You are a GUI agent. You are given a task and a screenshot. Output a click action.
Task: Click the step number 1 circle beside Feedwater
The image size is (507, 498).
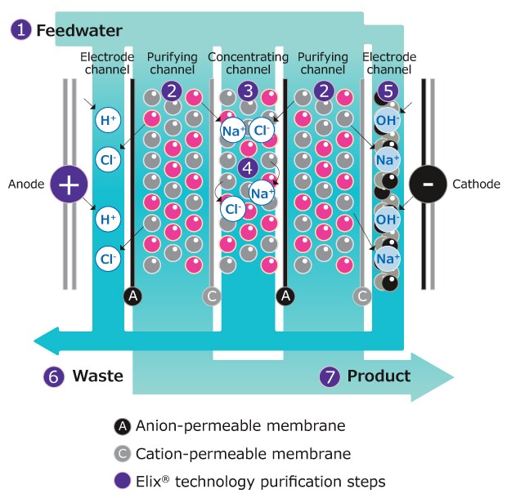pyautogui.click(x=20, y=31)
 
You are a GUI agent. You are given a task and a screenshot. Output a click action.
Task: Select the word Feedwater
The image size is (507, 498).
pyautogui.click(x=79, y=31)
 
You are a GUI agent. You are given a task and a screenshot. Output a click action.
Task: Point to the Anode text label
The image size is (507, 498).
pyautogui.click(x=25, y=185)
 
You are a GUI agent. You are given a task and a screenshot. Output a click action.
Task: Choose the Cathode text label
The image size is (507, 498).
pyautogui.click(x=476, y=185)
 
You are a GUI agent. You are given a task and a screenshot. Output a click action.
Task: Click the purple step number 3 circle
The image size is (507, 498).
pyautogui.click(x=249, y=91)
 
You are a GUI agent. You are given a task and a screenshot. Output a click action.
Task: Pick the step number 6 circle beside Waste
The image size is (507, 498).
pyautogui.click(x=53, y=376)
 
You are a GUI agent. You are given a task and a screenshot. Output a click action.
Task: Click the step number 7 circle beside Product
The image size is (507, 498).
pyautogui.click(x=328, y=376)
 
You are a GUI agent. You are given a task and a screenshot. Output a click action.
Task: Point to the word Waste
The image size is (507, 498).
pyautogui.click(x=97, y=376)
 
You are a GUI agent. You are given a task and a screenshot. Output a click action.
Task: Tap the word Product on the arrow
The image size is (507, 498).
pyautogui.click(x=379, y=376)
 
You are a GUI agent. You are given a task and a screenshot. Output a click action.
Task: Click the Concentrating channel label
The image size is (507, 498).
pyautogui.click(x=248, y=63)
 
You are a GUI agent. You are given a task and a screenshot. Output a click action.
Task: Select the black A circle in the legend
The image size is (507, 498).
pyautogui.click(x=122, y=426)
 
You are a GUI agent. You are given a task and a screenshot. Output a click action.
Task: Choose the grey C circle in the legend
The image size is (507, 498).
pyautogui.click(x=122, y=454)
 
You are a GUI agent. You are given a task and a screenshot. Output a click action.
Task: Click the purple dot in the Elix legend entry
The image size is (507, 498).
pyautogui.click(x=122, y=482)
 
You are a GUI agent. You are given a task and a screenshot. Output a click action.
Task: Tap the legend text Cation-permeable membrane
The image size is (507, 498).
pyautogui.click(x=243, y=454)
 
